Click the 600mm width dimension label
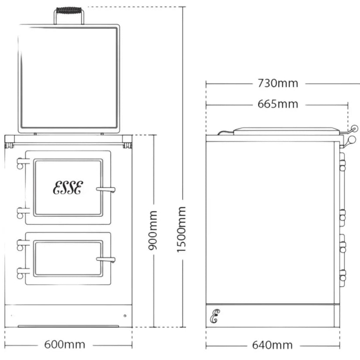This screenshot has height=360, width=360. (x=65, y=345)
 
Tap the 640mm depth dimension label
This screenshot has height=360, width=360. (x=272, y=345)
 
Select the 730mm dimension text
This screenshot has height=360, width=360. (x=278, y=83)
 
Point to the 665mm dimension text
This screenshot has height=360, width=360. (x=278, y=104)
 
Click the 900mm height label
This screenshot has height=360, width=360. (x=153, y=230)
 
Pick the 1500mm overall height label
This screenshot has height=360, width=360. (x=181, y=230)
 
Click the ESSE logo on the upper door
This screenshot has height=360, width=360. (x=68, y=188)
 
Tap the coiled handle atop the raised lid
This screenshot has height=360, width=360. (x=69, y=10)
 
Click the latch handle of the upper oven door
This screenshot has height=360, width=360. (x=106, y=190)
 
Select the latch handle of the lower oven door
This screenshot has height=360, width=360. (x=106, y=260)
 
